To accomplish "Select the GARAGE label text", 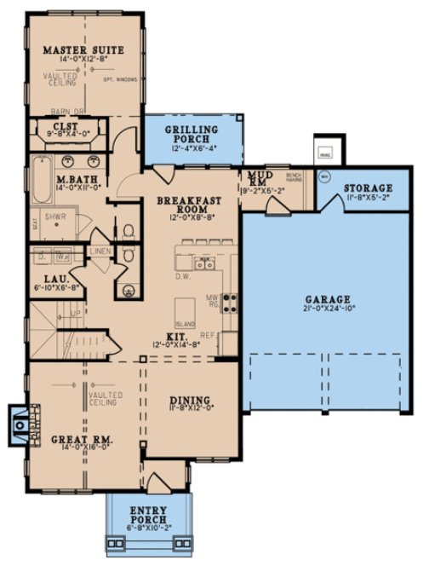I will [328, 299].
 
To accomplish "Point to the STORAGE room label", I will [369, 188].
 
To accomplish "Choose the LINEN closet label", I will [100, 251].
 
